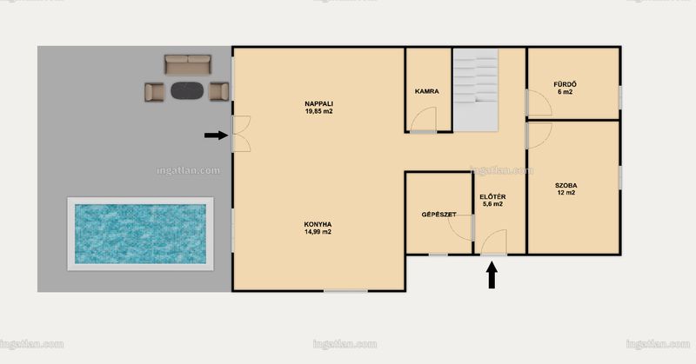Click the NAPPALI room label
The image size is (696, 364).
[x=318, y=103]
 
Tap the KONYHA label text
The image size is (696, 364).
[x=318, y=224]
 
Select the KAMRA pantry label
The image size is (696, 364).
[x=427, y=91]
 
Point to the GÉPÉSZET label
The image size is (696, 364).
[x=439, y=215]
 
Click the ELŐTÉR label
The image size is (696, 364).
[x=492, y=197]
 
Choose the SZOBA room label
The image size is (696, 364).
[x=566, y=185]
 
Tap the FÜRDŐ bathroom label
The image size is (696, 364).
[x=565, y=84]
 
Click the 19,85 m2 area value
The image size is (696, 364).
[x=318, y=111]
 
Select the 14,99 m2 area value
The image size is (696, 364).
[x=318, y=232]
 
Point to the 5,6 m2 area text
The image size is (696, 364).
[x=492, y=204]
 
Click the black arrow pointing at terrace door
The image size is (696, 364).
[x=216, y=136]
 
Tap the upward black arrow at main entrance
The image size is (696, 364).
[x=492, y=275]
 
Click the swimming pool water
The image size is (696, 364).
[x=140, y=234]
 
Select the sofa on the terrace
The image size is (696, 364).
[x=188, y=65]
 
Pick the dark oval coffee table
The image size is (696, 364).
[x=187, y=91]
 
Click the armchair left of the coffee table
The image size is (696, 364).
[x=154, y=92]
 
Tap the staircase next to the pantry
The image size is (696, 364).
[x=475, y=90]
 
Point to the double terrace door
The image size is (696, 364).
[x=242, y=134]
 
